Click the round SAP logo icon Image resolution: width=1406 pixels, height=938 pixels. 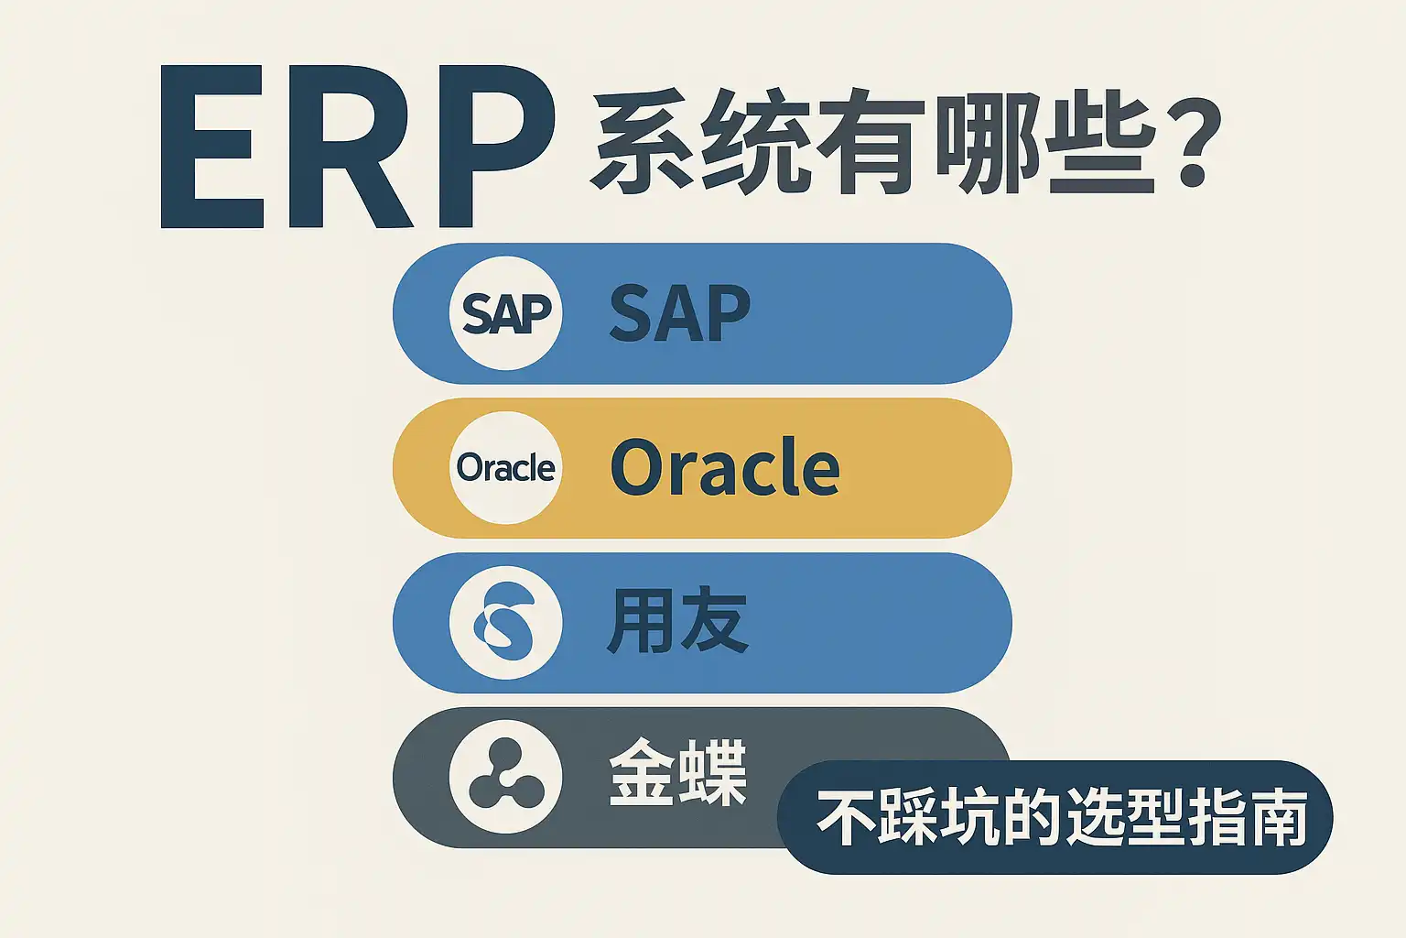coord(505,313)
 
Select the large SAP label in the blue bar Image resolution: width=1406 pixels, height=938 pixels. coord(679,313)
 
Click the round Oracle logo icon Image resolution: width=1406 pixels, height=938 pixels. coord(505,468)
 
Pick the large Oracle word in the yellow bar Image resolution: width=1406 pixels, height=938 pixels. coord(725,468)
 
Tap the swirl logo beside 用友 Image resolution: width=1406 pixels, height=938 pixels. coord(505,623)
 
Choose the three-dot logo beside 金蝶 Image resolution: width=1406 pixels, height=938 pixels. coord(505,778)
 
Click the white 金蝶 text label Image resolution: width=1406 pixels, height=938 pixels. coord(677,773)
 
